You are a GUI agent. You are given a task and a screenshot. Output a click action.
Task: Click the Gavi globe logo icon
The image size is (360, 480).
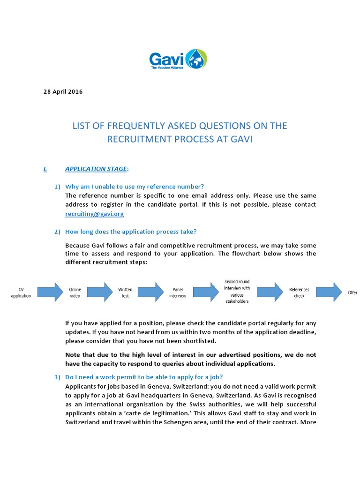point(196,59)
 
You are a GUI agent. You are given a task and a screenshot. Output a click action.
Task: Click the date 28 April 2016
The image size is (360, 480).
point(63,91)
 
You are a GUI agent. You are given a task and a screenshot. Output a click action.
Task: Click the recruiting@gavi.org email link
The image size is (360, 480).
point(95,213)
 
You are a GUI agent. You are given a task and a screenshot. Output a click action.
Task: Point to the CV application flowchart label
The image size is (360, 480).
point(21,292)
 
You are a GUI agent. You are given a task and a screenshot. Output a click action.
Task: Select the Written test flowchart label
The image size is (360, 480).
point(125,292)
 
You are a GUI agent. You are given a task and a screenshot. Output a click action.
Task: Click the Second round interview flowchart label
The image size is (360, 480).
point(237,291)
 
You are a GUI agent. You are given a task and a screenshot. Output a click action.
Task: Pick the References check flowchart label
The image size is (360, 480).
point(299,292)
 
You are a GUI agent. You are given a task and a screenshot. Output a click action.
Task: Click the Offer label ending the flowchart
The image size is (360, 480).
point(352,292)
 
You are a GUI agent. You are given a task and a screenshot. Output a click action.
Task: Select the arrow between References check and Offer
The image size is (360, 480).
point(331,292)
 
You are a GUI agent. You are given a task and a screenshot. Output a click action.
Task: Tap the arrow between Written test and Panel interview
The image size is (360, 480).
point(150,292)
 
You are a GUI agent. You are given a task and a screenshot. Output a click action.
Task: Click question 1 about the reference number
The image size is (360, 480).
point(135,187)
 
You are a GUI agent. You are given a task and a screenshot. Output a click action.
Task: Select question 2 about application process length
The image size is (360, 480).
point(131,232)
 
